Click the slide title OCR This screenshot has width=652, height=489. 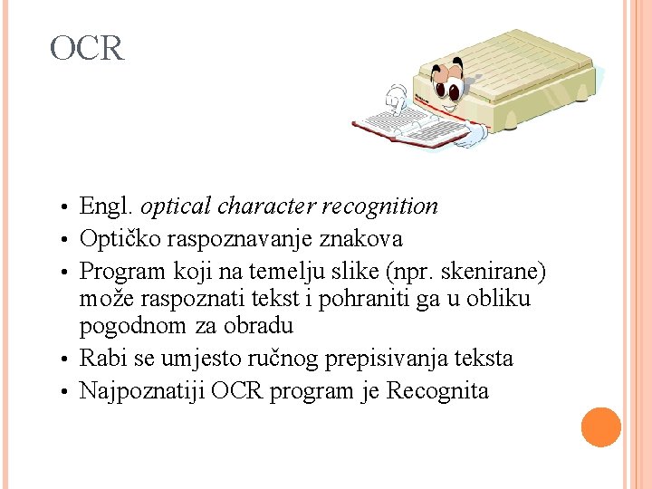(87, 48)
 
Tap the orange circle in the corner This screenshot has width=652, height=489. (601, 427)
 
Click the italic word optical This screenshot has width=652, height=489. (176, 206)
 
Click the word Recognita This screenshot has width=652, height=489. (437, 391)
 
